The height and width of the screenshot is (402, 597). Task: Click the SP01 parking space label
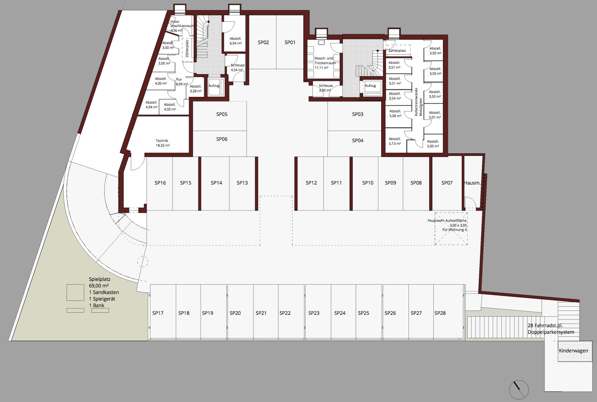coord(290,42)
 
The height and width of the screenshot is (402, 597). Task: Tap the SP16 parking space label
coord(160,183)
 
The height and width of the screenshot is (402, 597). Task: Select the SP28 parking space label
coord(440,313)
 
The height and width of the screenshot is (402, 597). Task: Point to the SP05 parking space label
coord(222,114)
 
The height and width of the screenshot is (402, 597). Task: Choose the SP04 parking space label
coord(358,140)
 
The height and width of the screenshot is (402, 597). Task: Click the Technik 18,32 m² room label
coord(162,143)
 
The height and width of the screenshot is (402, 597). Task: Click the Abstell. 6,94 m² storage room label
coord(236,41)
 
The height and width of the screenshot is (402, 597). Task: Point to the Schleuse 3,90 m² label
coord(326,88)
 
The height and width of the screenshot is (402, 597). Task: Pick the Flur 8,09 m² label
coord(181,82)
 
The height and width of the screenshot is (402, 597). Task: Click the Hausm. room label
coord(472,183)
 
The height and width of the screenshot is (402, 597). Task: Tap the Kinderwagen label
coord(573,351)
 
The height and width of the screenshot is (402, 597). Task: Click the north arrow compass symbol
coord(518,390)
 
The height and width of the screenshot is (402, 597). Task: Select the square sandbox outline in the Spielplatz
coord(76,293)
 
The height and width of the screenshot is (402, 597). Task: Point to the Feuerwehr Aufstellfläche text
coord(447,220)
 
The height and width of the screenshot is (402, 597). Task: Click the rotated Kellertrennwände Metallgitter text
coord(418,102)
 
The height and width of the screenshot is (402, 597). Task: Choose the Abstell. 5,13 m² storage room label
coord(395,141)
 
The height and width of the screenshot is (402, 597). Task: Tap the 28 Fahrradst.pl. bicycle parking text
coord(545,326)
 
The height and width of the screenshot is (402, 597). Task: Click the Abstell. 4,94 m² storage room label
coord(152,105)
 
